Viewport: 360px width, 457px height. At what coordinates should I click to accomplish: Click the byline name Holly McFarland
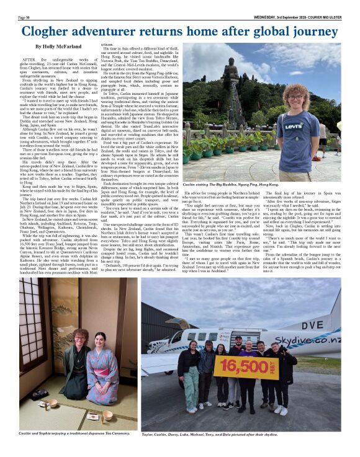tap(60, 47)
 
